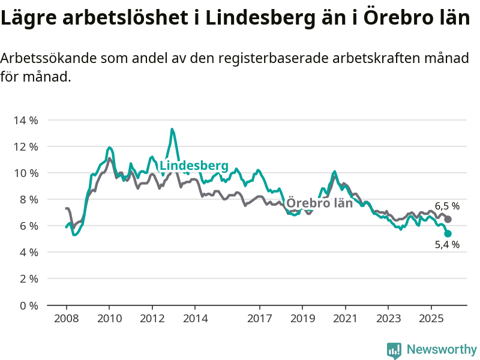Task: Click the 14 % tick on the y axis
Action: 25,120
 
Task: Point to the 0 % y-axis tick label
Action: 28,305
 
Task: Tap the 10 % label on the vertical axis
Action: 25,173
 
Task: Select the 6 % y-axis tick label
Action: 28,226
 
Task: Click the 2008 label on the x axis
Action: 66,318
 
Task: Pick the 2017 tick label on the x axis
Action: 259,318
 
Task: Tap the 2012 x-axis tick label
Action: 152,318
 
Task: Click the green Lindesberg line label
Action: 194,166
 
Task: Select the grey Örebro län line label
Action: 319,203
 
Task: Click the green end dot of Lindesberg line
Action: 448,233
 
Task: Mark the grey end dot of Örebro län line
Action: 448,219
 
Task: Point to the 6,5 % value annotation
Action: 447,206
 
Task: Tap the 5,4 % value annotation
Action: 447,245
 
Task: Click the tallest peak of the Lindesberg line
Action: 172,129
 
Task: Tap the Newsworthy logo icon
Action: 394,350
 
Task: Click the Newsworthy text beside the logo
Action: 442,349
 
